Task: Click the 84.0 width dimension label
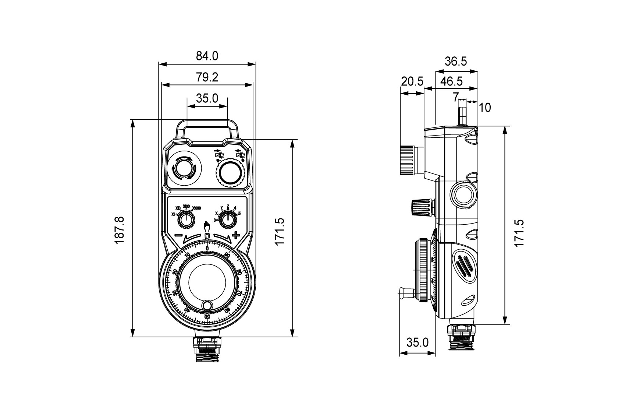[x=207, y=56]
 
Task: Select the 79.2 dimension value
[x=207, y=77]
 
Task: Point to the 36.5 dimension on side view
[x=456, y=61]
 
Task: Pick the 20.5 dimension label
[x=412, y=81]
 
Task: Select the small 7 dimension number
[x=455, y=97]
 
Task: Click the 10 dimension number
[x=485, y=108]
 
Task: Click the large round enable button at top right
[x=231, y=172]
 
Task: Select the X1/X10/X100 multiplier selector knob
[x=187, y=220]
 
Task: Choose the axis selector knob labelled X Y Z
[x=228, y=220]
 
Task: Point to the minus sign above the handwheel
[x=178, y=235]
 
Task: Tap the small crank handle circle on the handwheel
[x=207, y=305]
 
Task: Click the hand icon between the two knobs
[x=207, y=226]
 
